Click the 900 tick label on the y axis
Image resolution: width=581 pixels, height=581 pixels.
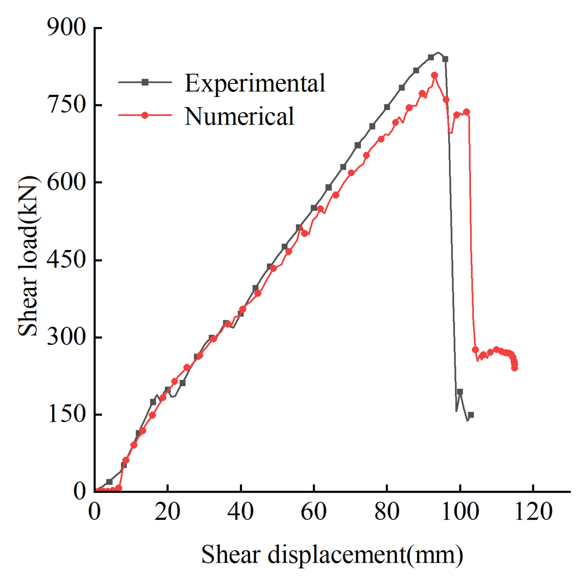click(67, 28)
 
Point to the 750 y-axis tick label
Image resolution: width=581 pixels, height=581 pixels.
click(67, 105)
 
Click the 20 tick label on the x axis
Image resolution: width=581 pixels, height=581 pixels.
click(167, 512)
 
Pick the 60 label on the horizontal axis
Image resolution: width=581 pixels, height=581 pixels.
click(314, 512)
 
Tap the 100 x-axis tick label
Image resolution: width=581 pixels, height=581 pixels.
click(460, 512)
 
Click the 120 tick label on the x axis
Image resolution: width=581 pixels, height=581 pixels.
click(534, 512)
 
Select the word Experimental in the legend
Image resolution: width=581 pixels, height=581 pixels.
click(255, 83)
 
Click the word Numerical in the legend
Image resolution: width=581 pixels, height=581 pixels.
click(239, 116)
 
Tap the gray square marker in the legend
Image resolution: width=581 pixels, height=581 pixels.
click(145, 82)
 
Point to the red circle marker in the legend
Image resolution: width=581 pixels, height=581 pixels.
click(145, 115)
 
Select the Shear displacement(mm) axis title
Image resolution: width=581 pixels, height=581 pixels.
click(332, 554)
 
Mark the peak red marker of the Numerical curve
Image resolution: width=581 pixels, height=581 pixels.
click(434, 75)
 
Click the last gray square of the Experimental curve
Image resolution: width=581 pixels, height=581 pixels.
click(471, 415)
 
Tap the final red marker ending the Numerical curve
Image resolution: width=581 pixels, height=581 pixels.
click(514, 368)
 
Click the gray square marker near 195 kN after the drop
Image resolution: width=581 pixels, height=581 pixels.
click(460, 392)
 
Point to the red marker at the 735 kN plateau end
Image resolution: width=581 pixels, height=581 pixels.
click(466, 112)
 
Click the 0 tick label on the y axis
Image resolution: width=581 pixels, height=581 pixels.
click(79, 491)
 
